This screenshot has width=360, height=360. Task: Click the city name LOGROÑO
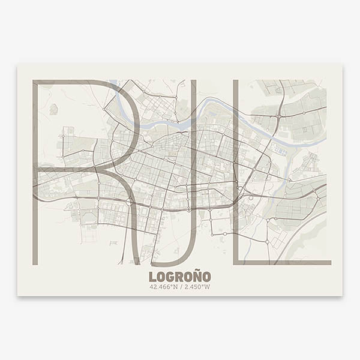(179, 277)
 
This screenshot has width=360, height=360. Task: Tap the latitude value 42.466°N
(164, 287)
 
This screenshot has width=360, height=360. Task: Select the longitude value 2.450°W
(197, 287)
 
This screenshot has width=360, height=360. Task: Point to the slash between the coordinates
(181, 287)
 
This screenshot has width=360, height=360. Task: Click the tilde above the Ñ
(195, 272)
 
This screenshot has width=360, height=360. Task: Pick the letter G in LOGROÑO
(170, 277)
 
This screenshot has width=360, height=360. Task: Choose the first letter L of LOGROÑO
(152, 277)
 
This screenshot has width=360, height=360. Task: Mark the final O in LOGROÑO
(206, 277)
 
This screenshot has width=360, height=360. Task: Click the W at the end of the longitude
(208, 287)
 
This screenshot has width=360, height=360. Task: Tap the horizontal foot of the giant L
(282, 262)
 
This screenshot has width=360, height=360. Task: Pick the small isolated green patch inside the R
(53, 109)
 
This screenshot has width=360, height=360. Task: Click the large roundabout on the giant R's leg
(128, 203)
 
